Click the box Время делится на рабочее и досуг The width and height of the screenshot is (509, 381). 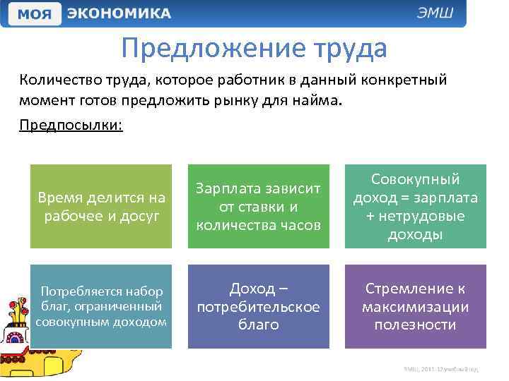pos(101,206)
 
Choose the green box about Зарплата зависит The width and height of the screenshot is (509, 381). pos(258,206)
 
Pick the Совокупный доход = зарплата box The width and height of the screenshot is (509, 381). pos(415,206)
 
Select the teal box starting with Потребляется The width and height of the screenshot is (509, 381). pos(101,306)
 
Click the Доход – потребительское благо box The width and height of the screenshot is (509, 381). pos(258,306)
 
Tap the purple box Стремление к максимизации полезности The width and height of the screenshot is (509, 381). pos(415,306)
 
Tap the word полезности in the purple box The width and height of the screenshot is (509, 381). pos(416,325)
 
